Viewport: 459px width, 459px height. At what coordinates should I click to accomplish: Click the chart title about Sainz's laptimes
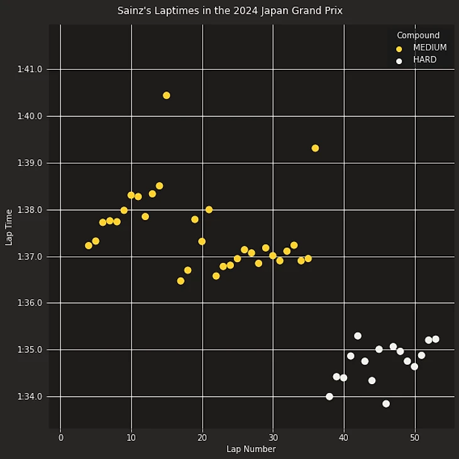(229, 11)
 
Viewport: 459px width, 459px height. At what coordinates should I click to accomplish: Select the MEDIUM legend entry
(429, 48)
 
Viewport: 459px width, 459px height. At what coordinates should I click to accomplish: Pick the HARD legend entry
(424, 60)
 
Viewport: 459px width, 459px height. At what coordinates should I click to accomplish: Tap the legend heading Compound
(418, 35)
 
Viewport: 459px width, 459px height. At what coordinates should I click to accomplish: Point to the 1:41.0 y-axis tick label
(30, 69)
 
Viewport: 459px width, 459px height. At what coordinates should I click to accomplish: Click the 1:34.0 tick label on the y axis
(30, 397)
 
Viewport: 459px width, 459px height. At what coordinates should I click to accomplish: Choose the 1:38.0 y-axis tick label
(30, 210)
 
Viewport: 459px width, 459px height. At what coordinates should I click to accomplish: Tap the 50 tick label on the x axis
(414, 438)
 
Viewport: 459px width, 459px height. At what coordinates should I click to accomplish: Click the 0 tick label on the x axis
(60, 438)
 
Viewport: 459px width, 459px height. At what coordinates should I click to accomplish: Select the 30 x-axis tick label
(273, 438)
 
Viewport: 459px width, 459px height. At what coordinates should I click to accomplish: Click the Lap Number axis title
(251, 450)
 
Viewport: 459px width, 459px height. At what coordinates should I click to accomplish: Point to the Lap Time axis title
(9, 227)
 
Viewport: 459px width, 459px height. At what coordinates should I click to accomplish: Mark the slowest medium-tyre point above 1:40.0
(167, 96)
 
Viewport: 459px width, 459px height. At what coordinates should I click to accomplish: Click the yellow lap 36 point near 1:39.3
(315, 148)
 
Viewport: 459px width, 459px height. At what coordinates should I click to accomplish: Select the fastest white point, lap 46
(386, 404)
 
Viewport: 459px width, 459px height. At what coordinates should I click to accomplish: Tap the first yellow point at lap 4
(89, 246)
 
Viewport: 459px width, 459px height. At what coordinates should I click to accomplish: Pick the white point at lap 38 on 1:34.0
(329, 397)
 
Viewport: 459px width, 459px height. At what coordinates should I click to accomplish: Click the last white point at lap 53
(436, 339)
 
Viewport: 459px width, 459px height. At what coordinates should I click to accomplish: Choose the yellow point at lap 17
(180, 281)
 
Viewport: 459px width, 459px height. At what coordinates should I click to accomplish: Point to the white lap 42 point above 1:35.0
(358, 336)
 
